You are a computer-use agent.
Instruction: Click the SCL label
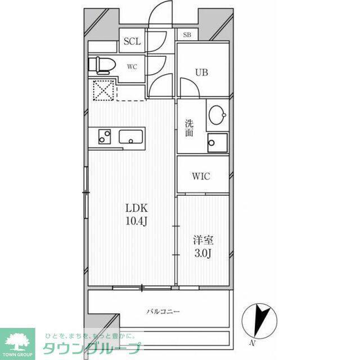132,41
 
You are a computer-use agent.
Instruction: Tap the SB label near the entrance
187,35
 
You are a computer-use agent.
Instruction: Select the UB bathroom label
202,73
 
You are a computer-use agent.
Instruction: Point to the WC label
132,67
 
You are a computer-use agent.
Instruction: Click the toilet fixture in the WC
101,65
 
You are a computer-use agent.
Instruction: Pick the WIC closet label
201,176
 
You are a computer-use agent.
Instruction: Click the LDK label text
136,208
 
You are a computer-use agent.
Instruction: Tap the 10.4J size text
136,221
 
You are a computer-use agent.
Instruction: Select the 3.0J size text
203,254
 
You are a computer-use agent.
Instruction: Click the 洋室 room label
203,240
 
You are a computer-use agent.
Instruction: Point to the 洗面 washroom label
189,128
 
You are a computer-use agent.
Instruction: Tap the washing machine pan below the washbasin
218,143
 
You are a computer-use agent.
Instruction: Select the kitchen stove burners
105,137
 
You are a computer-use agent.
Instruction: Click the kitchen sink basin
130,137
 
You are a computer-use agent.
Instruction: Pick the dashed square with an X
103,91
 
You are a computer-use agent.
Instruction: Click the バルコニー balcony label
163,312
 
